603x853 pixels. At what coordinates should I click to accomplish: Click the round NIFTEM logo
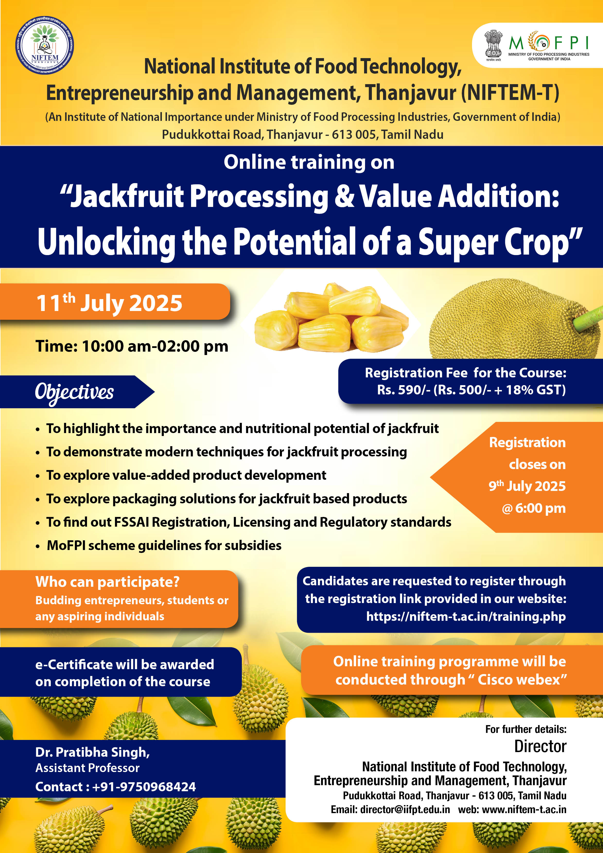(x=44, y=45)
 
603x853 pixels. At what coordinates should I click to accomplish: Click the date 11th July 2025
(x=109, y=303)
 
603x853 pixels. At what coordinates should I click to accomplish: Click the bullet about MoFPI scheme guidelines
(x=164, y=545)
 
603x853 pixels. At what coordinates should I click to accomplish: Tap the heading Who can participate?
(x=107, y=582)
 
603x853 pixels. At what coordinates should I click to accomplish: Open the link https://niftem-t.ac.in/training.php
(x=466, y=616)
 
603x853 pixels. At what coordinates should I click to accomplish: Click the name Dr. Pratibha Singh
(x=92, y=752)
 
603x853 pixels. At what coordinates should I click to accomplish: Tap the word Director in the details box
(x=540, y=746)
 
